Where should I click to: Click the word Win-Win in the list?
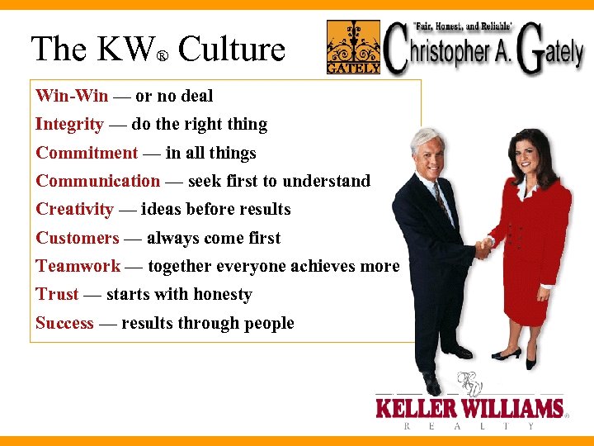(72, 96)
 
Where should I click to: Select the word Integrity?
(69, 125)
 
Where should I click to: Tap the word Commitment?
(87, 153)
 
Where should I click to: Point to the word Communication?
(97, 181)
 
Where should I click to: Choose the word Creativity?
(74, 209)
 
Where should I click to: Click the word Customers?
(78, 238)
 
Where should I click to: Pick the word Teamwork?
(78, 266)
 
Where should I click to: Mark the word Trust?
(57, 294)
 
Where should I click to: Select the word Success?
(64, 323)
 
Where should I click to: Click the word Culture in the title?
(232, 50)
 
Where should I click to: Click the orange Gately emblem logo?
(353, 47)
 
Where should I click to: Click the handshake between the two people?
(483, 249)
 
